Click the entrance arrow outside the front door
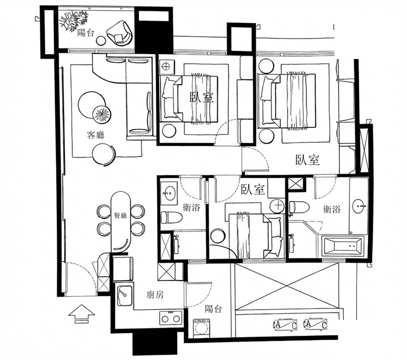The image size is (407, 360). point(81,314)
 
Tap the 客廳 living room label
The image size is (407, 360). point(96,135)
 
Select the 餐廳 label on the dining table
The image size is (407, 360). point(120,215)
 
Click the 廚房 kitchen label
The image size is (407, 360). point(155,294)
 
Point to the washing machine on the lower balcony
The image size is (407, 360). point(201,328)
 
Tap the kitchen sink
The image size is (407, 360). point(125,295)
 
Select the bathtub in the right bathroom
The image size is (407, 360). point(341,245)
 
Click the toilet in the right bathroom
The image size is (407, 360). point(299,207)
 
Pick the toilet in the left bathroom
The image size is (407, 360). point(171,217)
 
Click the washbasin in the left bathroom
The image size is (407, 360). point(169,193)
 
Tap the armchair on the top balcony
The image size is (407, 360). point(120,33)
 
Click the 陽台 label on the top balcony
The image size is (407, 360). point(85,33)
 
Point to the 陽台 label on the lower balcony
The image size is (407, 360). point(213,309)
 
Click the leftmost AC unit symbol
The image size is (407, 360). point(285,325)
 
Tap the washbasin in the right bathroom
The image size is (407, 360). point(359,206)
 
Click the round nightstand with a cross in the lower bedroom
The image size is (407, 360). point(277,206)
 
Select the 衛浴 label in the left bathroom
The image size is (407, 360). point(191,207)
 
